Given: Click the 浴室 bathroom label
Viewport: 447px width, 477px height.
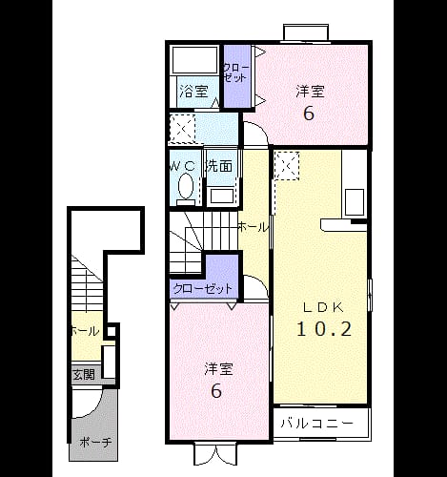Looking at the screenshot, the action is [x=193, y=92].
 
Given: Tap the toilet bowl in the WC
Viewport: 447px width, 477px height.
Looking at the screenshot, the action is [x=186, y=187].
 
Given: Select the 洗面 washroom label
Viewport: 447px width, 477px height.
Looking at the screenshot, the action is [x=219, y=166].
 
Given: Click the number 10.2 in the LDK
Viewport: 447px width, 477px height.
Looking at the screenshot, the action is [x=324, y=329].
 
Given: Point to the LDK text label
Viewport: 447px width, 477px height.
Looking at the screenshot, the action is [x=324, y=307].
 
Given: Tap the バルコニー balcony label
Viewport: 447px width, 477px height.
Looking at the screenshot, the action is [x=317, y=424].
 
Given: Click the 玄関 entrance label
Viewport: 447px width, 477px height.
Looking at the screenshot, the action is [x=84, y=375].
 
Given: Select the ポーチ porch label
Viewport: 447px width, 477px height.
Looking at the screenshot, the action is [x=95, y=442].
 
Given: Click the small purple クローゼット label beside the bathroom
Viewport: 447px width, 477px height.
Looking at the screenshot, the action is [x=235, y=73].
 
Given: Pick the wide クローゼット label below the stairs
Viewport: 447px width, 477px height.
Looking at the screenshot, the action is [x=203, y=288].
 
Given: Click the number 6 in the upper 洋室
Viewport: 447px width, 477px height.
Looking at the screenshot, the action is [x=309, y=114].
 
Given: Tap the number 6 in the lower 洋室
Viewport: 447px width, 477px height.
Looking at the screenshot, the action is [x=216, y=391].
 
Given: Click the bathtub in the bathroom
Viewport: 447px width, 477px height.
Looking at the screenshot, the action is [x=195, y=60].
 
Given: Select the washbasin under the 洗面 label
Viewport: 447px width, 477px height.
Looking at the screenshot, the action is [x=221, y=197].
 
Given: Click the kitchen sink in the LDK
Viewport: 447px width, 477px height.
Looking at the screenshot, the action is [x=355, y=202].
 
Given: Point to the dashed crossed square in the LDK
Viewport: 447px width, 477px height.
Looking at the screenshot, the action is [x=288, y=166].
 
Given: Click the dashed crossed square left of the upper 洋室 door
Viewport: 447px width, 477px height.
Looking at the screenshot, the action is [x=182, y=128].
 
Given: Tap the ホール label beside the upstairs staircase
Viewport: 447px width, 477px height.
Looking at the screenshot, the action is [x=253, y=227].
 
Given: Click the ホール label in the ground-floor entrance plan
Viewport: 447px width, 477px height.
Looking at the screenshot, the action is [x=85, y=331].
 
